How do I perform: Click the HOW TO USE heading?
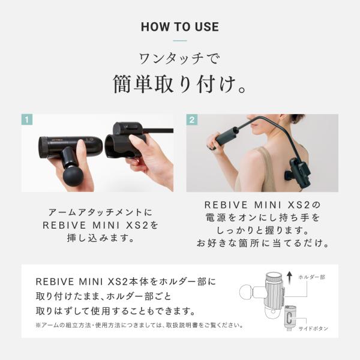180,26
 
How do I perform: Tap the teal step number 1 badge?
27,119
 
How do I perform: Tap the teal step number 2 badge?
192,119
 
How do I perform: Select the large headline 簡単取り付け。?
180,84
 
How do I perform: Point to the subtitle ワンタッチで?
180,59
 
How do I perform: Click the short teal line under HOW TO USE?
180,41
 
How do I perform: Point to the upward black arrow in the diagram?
290,277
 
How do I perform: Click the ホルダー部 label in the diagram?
312,277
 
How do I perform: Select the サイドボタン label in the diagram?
313,329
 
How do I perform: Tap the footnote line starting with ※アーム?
139,325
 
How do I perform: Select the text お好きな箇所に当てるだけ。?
262,243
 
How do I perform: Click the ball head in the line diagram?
247,292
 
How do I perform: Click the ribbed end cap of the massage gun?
43,148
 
